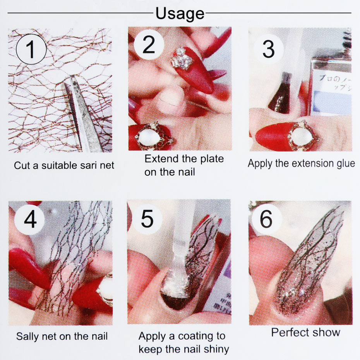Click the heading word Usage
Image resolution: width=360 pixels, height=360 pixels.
tap(180, 14)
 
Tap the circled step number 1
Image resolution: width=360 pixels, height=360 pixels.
tap(31, 49)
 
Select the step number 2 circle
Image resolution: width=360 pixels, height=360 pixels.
tap(149, 45)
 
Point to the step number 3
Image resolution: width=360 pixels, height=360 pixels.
tap(268, 49)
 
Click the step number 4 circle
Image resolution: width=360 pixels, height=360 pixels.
tap(30, 219)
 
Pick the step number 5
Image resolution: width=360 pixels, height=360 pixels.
tap(147, 219)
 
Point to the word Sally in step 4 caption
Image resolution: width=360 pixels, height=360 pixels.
tap(27, 336)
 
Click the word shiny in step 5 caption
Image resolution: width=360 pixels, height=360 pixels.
tap(216, 350)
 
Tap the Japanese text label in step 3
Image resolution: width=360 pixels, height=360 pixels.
tap(334, 83)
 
